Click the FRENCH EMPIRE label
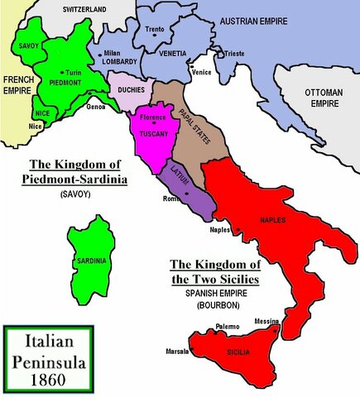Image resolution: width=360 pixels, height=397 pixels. point(17,86)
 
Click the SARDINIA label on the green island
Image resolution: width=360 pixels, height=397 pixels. point(93,261)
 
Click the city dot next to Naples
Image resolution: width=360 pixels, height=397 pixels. point(238,228)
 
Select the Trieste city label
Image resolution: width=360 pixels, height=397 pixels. point(235,54)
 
